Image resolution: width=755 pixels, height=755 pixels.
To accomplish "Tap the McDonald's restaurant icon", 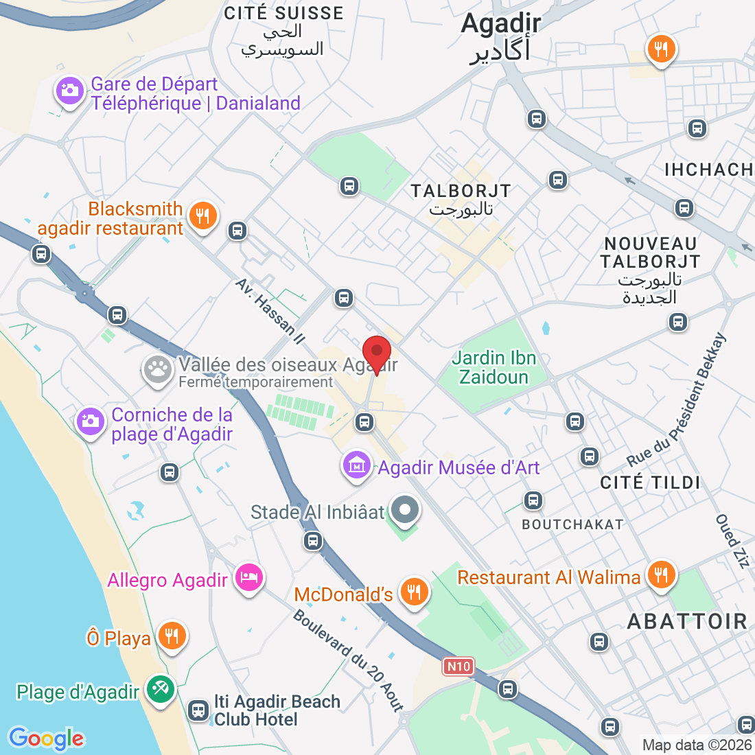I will [413, 591].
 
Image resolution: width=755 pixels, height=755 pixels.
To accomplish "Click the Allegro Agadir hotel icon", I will [248, 577].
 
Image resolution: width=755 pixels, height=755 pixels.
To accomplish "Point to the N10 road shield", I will [458, 666].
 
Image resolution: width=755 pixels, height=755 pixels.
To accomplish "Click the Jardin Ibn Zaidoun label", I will [493, 367].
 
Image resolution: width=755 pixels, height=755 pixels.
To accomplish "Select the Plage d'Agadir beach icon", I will [161, 688].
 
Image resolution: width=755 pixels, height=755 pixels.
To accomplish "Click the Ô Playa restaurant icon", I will [172, 636].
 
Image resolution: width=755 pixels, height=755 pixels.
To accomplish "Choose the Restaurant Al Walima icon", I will [660, 574].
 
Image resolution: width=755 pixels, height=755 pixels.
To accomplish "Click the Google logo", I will [46, 739].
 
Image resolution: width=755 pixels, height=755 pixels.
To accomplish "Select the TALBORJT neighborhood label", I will [461, 191].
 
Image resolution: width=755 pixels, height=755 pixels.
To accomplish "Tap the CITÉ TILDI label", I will [650, 483].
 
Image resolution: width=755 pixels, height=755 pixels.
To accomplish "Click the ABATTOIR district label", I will [687, 621].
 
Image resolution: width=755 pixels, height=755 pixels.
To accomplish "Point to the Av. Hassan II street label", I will [270, 311].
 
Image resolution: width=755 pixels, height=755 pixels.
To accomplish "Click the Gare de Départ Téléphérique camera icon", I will [69, 90].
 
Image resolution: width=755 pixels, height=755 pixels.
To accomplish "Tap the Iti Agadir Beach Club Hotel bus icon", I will [199, 710].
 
